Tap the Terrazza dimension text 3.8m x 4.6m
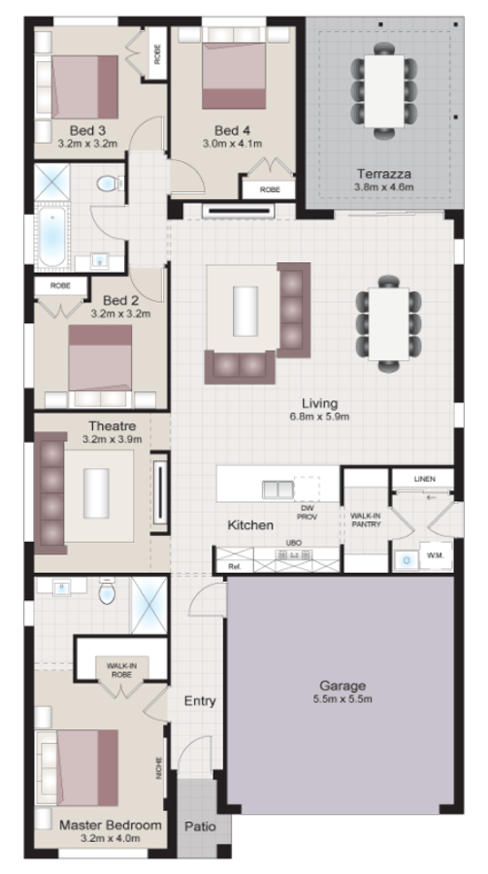tap(384, 187)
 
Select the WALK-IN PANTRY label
tap(366, 521)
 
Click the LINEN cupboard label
tap(424, 479)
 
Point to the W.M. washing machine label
tap(434, 556)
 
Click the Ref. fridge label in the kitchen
tap(234, 565)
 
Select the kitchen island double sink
tap(277, 488)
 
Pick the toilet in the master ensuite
tap(107, 592)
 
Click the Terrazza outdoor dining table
tap(384, 90)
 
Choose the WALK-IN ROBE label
tap(120, 668)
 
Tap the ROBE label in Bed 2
tap(59, 286)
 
